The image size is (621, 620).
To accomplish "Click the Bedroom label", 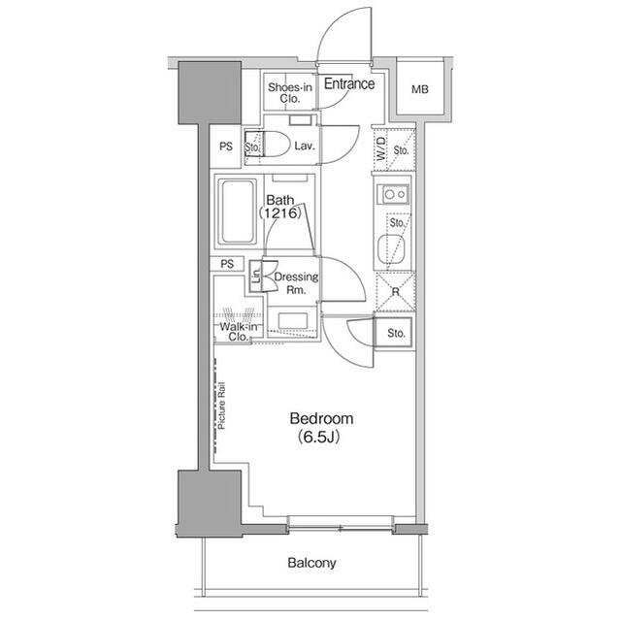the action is [321, 418].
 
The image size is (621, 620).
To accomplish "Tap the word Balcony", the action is [311, 563].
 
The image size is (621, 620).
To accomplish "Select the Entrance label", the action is [349, 83].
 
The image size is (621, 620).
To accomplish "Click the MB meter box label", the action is [420, 89].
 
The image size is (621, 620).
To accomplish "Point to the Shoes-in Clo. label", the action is [290, 92].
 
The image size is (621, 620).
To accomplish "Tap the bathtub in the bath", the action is [238, 212].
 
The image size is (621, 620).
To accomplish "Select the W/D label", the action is [381, 148].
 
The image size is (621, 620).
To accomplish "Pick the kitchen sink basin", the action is [391, 249].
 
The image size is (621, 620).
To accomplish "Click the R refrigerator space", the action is [395, 292].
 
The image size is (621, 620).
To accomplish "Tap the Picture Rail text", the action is [221, 406].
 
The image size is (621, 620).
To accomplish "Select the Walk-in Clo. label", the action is [239, 332].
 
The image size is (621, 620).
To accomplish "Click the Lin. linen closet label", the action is [256, 276].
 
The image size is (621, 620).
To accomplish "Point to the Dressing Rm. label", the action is [296, 283].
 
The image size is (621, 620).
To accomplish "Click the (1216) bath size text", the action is [280, 213].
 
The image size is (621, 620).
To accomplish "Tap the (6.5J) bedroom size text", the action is [318, 437].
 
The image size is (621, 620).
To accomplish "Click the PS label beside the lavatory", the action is [226, 147].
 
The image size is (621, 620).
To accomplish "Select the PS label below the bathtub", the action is [227, 264].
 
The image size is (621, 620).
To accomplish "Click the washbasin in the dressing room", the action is [293, 321].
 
